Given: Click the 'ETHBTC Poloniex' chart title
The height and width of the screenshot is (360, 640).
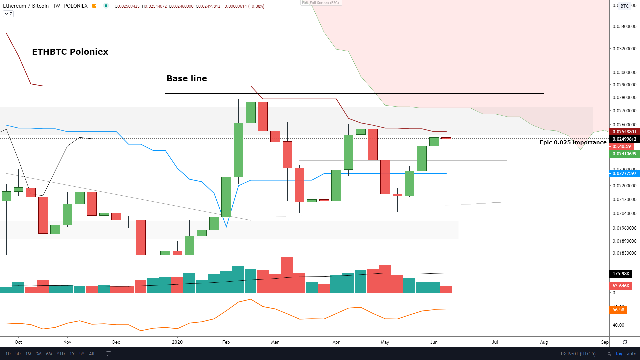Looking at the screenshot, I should [x=70, y=52].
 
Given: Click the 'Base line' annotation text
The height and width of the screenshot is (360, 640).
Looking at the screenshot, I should [x=187, y=78].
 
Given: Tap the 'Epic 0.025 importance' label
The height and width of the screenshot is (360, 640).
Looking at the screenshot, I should [x=573, y=142].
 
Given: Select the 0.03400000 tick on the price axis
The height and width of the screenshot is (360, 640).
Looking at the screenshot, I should [x=624, y=26].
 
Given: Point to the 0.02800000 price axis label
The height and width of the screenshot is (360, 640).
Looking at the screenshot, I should [x=624, y=97].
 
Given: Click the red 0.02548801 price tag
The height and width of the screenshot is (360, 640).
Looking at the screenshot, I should [x=624, y=132].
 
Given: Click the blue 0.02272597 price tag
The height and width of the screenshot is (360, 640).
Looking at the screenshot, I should [x=624, y=173].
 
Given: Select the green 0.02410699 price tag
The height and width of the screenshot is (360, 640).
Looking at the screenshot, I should [x=624, y=154].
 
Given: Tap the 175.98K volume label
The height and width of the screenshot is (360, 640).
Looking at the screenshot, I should [x=621, y=274].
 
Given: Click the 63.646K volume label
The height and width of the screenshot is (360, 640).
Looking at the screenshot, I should [x=621, y=286].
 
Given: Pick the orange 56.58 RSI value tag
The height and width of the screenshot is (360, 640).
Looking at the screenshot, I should [x=618, y=310].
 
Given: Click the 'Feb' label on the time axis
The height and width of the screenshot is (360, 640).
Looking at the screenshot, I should [x=226, y=342].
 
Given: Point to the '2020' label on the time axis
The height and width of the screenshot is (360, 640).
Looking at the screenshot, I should [x=177, y=342].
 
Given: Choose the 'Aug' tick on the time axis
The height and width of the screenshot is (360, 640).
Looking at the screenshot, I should [x=544, y=342].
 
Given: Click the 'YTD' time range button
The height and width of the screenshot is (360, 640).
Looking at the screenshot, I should [x=61, y=354].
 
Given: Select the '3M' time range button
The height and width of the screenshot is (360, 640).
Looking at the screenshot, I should [x=39, y=354].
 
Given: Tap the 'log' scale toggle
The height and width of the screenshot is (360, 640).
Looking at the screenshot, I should [x=619, y=354].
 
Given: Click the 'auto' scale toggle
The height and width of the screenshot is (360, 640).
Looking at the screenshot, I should [x=631, y=354].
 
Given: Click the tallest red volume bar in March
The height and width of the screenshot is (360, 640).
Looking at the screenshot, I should [x=287, y=275].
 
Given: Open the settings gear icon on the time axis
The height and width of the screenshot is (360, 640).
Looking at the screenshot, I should [x=625, y=342].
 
